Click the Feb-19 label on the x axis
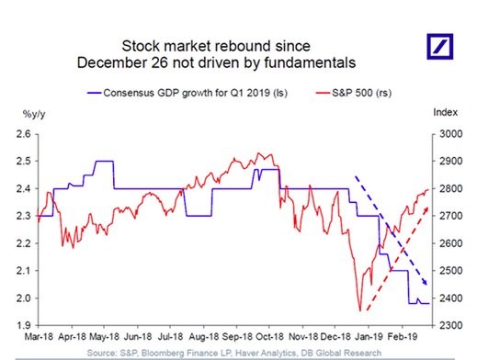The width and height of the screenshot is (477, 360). (x=403, y=338)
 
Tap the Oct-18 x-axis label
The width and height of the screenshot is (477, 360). (x=269, y=338)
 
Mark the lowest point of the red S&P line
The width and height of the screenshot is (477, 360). (x=358, y=310)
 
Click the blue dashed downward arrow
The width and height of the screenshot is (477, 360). (x=386, y=230)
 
